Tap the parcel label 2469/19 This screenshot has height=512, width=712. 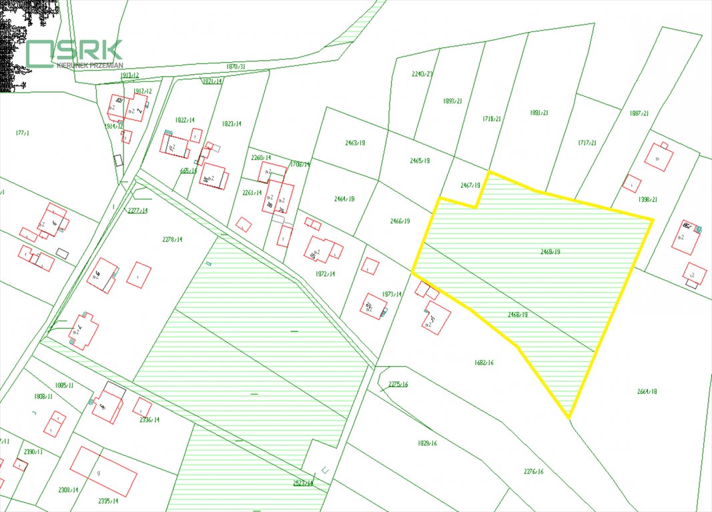pos(550,251)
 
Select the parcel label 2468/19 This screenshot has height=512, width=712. pos(517,314)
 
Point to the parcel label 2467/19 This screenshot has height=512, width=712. pos(470,185)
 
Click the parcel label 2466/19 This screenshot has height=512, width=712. pos(399,221)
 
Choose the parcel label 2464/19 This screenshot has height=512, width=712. pos(344,199)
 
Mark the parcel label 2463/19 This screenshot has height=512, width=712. pos(355,143)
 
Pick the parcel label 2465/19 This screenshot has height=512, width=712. pos(419,161)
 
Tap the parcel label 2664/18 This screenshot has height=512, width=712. pos(647,391)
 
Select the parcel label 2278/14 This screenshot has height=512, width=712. pos(171,239)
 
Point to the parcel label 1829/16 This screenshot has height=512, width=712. pos(427,443)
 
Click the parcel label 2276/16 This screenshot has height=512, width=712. pos(533,471)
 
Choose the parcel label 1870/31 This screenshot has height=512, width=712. pos(236,67)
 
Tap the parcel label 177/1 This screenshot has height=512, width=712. pos(23,133)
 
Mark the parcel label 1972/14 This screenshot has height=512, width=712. pos(325,273)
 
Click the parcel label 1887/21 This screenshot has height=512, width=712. pos(639,113)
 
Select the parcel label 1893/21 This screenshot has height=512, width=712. pos(452,101)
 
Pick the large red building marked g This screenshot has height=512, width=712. pos(103,471)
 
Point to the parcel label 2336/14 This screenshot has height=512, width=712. pos(149,419)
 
